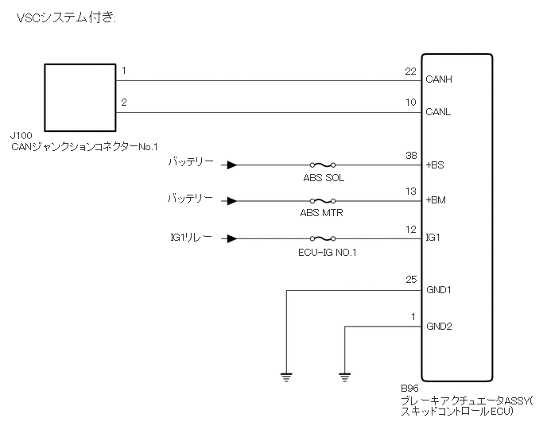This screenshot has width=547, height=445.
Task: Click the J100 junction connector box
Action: [80, 98]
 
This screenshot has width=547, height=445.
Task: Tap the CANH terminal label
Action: [440, 79]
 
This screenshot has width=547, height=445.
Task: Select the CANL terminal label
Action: [439, 112]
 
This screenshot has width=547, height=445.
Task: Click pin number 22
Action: [410, 72]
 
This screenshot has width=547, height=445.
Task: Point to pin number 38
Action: [410, 157]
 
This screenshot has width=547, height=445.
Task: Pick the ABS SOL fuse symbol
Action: [322, 166]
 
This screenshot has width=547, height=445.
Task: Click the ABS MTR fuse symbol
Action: [322, 202]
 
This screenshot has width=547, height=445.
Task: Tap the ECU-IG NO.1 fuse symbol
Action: [322, 238]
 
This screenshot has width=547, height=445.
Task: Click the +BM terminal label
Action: [436, 201]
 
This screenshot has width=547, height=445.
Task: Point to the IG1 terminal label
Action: [433, 238]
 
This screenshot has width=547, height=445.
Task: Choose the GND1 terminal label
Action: [439, 290]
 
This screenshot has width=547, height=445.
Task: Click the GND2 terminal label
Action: [439, 326]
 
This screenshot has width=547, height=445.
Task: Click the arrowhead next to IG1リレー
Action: [231, 238]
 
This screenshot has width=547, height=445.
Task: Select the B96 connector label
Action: [411, 391]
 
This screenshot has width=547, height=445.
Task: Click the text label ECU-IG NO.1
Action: [324, 253]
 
